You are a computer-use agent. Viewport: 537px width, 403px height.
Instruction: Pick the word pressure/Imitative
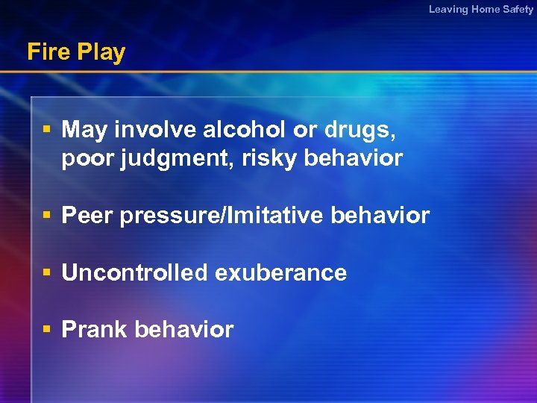tap(221, 216)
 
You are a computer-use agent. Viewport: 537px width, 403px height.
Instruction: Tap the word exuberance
tap(280, 272)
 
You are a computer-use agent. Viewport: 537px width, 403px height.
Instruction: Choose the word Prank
tap(94, 329)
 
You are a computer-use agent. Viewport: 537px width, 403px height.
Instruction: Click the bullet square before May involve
tap(46, 130)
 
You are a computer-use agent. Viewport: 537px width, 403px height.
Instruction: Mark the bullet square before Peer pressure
tap(46, 216)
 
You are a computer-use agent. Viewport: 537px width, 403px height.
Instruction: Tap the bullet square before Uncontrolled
tap(46, 272)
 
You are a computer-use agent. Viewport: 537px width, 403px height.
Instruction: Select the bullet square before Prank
tap(46, 329)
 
